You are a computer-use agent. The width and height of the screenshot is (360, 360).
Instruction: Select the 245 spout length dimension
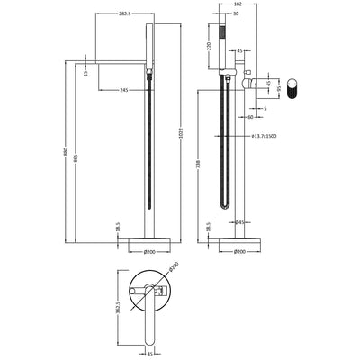coord(121,89)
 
